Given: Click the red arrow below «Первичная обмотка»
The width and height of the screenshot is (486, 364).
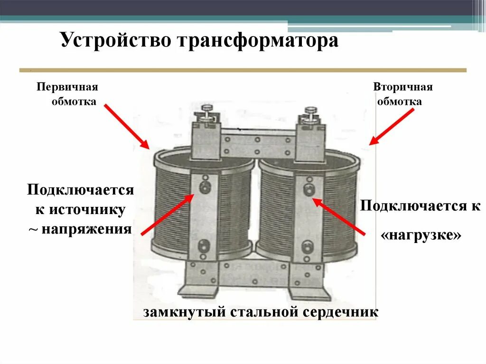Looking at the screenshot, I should click(x=126, y=126).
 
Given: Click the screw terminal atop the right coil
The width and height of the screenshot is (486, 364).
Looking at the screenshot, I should click(x=310, y=114).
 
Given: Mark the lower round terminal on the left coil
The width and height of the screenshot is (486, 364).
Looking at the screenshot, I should click(x=205, y=245).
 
